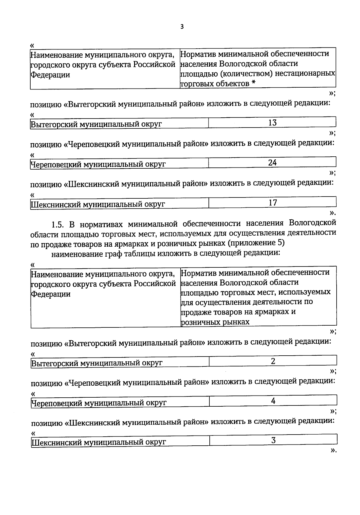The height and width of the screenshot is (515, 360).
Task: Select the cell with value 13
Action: [x=272, y=123]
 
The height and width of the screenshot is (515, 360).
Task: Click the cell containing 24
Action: [x=272, y=163]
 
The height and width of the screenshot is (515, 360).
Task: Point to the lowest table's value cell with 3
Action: [x=273, y=441]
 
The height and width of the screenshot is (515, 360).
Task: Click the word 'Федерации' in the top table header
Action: [x=50, y=75]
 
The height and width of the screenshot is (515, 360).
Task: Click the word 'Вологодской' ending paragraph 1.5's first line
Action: [x=313, y=223]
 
